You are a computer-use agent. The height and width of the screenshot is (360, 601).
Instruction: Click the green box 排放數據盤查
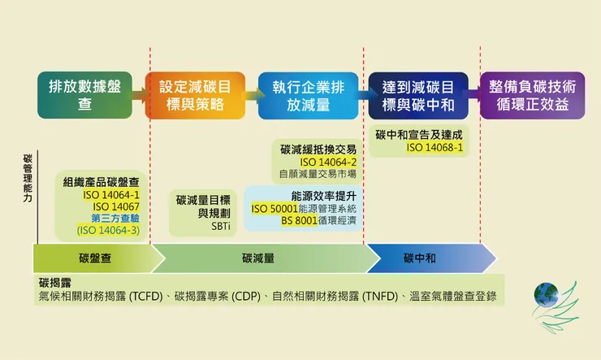[84, 96]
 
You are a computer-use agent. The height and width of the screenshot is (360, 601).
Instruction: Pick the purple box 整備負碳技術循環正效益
[532, 96]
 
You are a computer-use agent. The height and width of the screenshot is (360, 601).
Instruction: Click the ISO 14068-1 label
[435, 148]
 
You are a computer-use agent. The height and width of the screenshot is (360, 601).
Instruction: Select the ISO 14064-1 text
[111, 195]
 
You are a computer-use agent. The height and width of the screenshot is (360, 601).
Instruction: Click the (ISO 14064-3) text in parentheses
[108, 230]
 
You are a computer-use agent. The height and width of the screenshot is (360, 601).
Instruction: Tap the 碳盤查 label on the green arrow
[96, 258]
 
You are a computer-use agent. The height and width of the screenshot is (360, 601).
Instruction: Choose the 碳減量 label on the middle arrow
[257, 258]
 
